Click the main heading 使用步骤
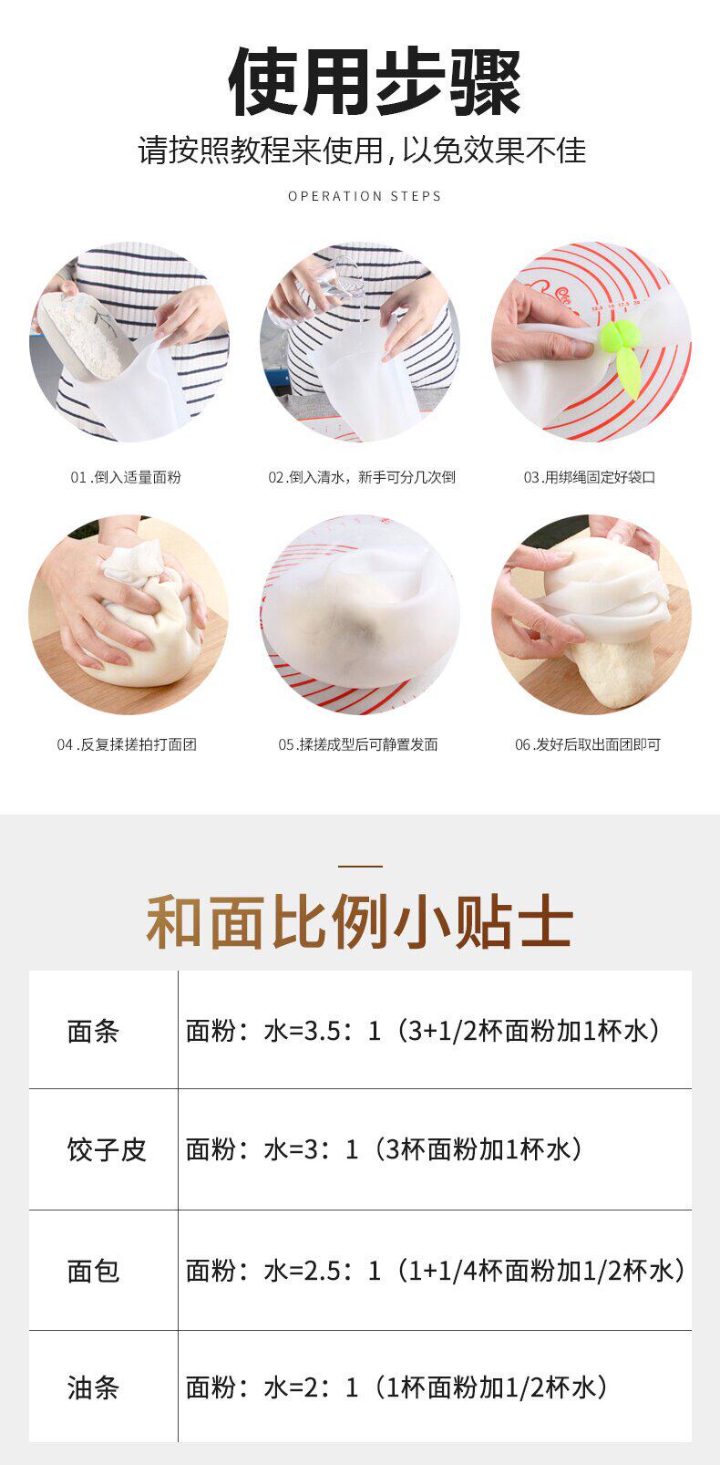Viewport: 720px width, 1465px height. click(375, 82)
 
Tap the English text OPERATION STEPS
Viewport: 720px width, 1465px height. click(365, 196)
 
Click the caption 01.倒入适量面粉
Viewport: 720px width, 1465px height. click(126, 477)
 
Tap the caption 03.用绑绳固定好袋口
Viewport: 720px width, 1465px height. click(590, 477)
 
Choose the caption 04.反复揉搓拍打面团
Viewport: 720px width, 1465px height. click(127, 744)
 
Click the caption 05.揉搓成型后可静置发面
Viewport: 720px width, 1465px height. click(358, 744)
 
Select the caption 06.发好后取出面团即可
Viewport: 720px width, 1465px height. click(588, 744)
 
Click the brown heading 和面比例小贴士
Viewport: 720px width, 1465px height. click(360, 921)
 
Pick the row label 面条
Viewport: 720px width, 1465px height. click(94, 1032)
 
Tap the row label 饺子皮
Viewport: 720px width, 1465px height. click(107, 1149)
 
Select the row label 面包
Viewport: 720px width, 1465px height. click(94, 1271)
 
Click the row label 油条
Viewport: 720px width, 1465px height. click(94, 1387)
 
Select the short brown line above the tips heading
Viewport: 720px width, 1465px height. click(360, 867)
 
